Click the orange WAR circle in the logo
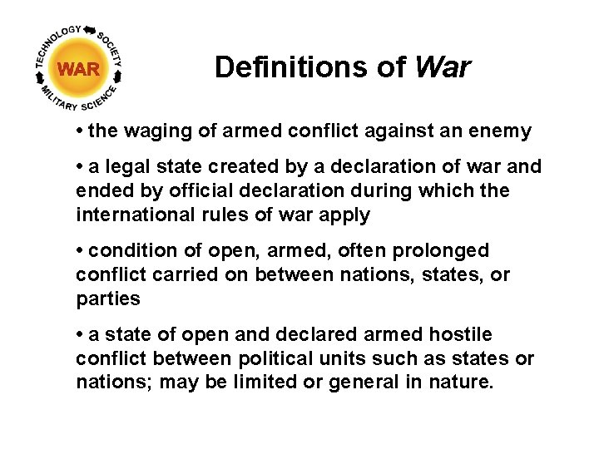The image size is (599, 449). pos(79,69)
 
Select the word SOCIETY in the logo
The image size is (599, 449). pos(111,51)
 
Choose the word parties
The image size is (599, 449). pos(108,298)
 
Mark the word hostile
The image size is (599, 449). pos(461,334)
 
